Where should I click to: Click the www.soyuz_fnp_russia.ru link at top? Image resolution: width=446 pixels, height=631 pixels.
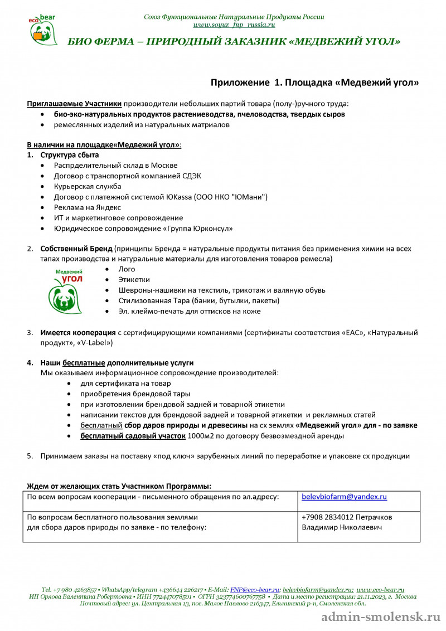[x=234, y=25]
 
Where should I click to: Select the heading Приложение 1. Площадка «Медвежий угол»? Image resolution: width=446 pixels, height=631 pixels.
[x=314, y=82]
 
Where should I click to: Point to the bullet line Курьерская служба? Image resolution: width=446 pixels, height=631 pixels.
[x=88, y=186]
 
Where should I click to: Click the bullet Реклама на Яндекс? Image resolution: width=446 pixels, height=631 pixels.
[x=88, y=207]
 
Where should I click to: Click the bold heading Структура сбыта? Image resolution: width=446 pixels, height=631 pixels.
[x=69, y=154]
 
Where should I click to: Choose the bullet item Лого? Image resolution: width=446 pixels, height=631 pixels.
[x=127, y=269]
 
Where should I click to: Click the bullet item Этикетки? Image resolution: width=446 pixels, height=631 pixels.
[x=134, y=280]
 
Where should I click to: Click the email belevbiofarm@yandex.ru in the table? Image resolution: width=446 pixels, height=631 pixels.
[x=344, y=496]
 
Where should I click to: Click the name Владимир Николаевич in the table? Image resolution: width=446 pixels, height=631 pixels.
[x=342, y=527]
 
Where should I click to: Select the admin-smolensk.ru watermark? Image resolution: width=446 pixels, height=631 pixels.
[x=381, y=618]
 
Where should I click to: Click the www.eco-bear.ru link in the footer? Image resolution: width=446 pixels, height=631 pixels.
[x=380, y=589]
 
